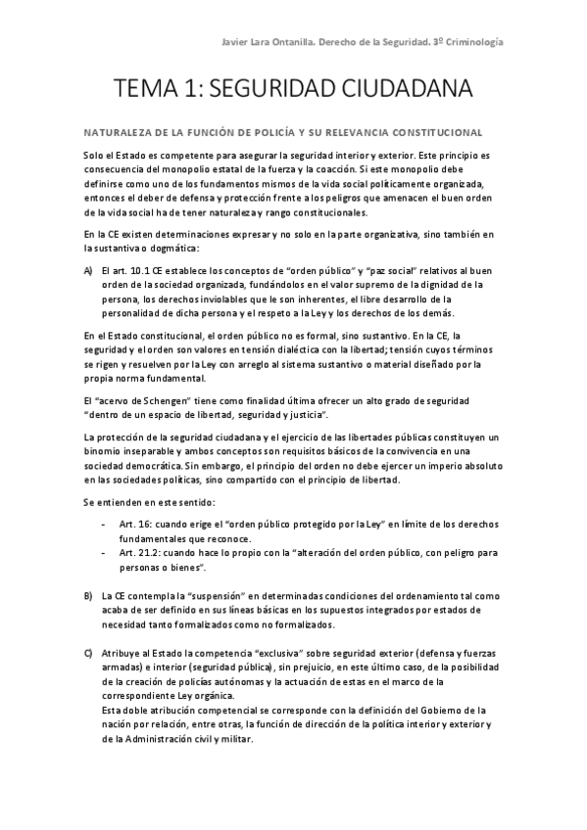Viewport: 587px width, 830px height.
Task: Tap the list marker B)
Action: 88,595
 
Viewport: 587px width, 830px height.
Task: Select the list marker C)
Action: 88,652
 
